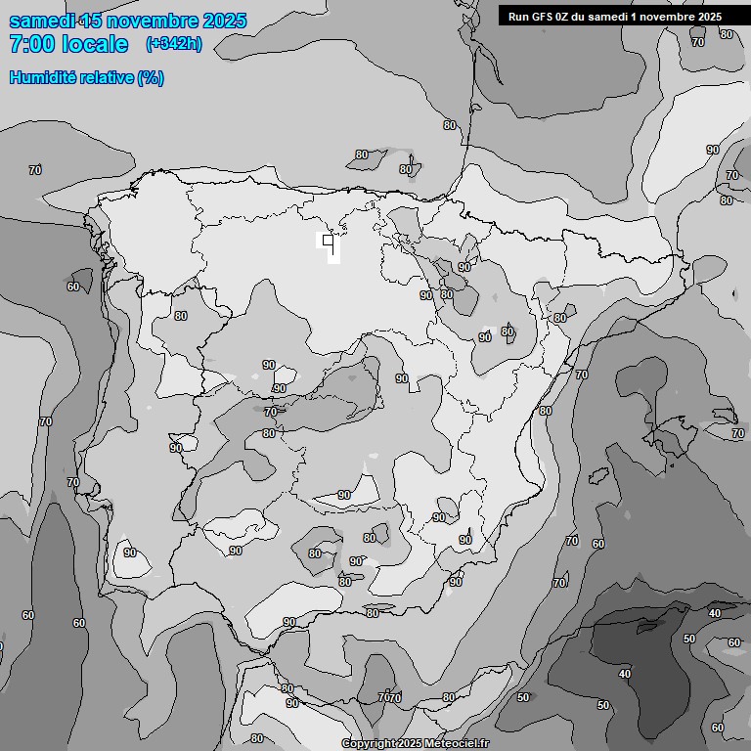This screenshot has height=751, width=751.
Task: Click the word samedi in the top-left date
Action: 40,21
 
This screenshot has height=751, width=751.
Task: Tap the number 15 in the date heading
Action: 92,21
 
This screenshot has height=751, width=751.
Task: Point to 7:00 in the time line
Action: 30,44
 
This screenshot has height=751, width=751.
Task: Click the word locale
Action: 94,44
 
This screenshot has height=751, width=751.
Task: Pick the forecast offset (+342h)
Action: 173,44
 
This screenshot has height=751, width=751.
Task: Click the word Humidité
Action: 41,77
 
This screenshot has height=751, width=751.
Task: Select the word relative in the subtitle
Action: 106,77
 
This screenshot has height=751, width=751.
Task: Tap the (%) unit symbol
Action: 151,77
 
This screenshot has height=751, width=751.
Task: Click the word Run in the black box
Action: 518,16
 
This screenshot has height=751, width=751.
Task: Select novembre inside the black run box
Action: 668,16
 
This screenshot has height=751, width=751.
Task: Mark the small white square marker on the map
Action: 328,240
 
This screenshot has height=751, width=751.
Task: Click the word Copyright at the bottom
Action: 369,743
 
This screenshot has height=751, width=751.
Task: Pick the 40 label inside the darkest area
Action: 625,674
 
